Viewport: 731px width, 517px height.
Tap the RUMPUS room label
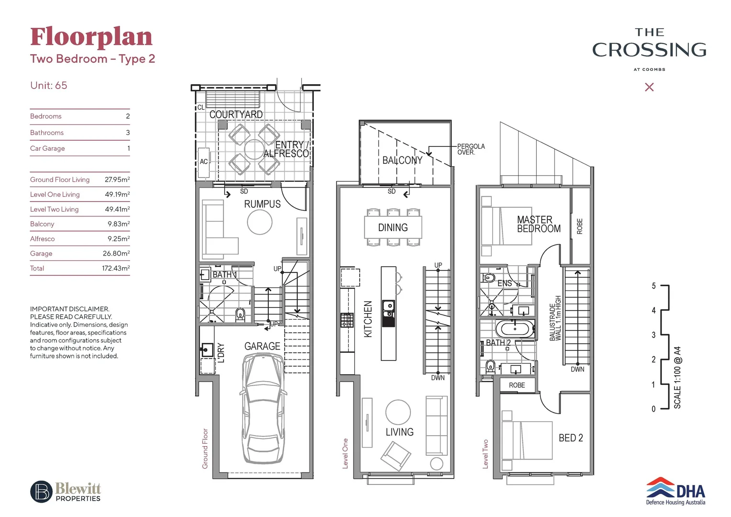coord(262,204)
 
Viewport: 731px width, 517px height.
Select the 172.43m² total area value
coord(116,269)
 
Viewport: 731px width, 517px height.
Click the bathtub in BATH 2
coord(514,329)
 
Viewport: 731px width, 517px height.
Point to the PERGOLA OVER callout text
coord(471,149)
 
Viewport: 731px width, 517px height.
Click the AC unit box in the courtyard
coord(204,162)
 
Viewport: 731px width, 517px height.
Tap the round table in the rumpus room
coord(260,222)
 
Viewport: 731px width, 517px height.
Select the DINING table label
coord(393,228)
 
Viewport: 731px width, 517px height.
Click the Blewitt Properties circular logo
coord(42,492)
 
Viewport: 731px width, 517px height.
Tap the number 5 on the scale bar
coord(653,286)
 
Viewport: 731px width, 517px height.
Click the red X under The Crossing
coord(649,87)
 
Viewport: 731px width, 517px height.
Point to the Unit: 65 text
coord(49,86)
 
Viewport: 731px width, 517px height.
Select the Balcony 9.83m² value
coord(118,224)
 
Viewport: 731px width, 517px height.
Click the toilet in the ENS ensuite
coord(488,278)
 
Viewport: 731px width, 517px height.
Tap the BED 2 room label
coord(571,438)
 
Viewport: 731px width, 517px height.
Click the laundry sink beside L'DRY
coord(207,349)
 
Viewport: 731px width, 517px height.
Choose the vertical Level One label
coord(345,453)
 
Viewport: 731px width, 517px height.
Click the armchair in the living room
coord(396,455)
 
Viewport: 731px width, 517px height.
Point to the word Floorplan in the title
coord(91,37)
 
